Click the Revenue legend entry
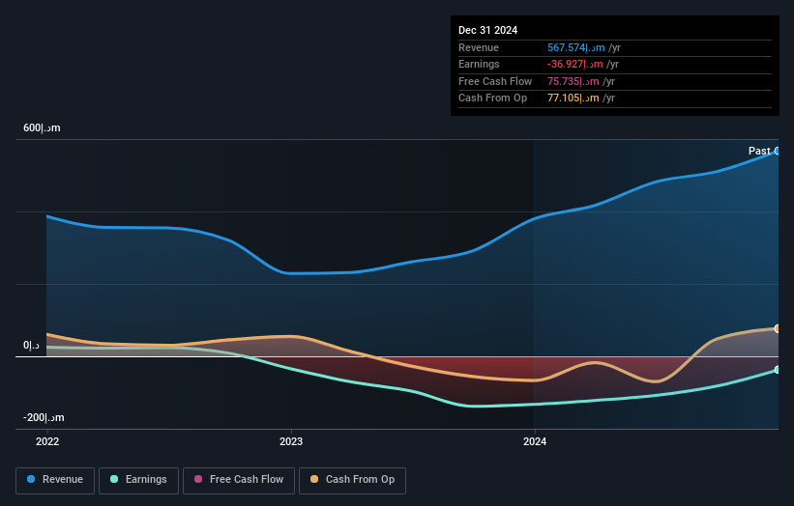(x=55, y=479)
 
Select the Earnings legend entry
(x=138, y=479)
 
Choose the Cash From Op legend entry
(x=352, y=479)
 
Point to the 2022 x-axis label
(x=47, y=441)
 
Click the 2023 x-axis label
(x=291, y=441)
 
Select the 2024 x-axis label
(x=535, y=441)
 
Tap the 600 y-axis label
(x=42, y=128)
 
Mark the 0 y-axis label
(x=32, y=346)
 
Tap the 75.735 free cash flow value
(x=572, y=81)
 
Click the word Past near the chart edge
(x=759, y=151)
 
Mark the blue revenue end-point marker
(x=777, y=152)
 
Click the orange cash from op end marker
(x=777, y=328)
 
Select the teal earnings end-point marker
(x=777, y=370)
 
